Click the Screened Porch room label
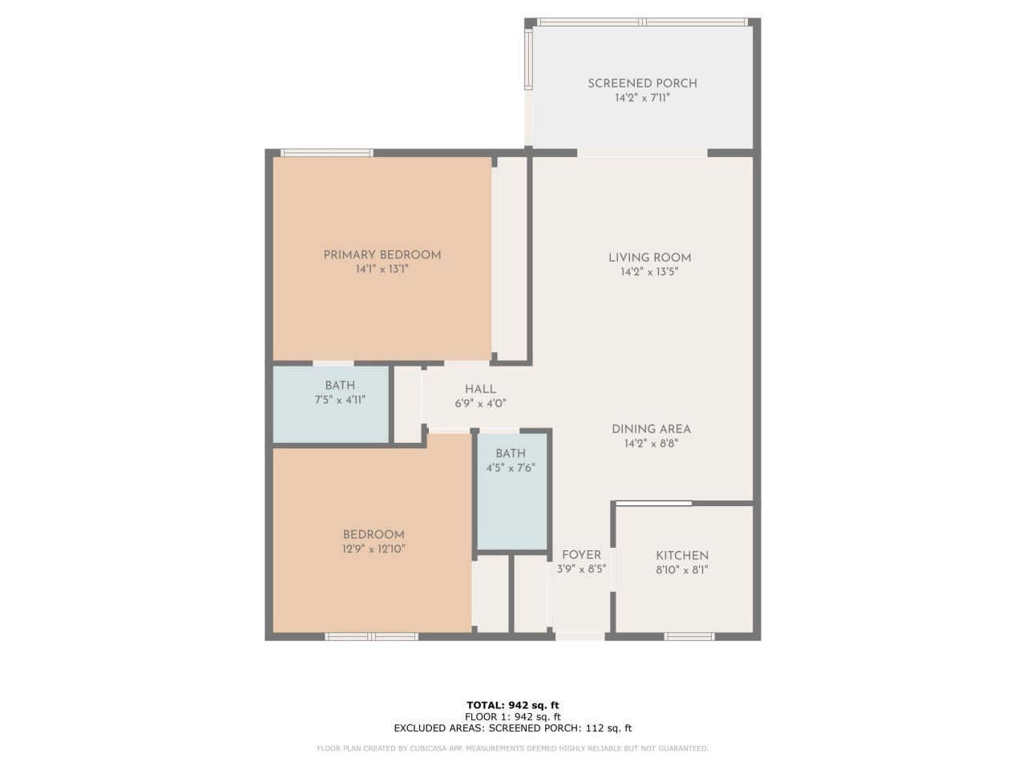tap(642, 83)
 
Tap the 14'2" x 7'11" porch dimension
tap(642, 98)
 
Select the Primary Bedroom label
tap(382, 255)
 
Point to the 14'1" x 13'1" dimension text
tap(382, 269)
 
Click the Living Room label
tap(649, 257)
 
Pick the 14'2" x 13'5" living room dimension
tap(649, 272)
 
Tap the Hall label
tap(480, 389)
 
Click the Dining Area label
tap(651, 429)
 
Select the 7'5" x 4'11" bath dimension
tap(340, 399)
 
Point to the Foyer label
tap(581, 555)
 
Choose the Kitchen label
tap(682, 556)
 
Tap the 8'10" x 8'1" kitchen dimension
tap(682, 570)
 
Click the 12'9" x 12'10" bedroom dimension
tap(374, 549)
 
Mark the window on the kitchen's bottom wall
tap(689, 637)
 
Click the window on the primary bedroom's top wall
tap(326, 152)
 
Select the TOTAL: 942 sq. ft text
tap(513, 705)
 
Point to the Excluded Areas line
tap(513, 728)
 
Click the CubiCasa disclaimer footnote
tap(513, 748)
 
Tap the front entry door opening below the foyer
tap(580, 637)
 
